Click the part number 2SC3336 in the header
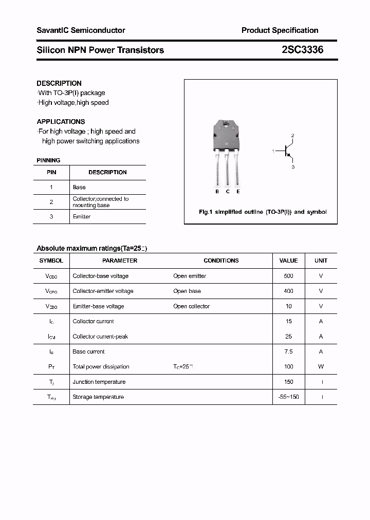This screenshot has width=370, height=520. click(x=302, y=50)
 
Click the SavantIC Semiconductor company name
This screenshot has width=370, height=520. click(x=81, y=30)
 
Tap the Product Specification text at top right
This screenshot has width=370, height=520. click(x=280, y=30)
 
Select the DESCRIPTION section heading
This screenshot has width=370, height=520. click(x=59, y=83)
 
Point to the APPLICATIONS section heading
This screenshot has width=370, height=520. click(x=61, y=122)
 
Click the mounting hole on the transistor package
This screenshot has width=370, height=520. click(x=226, y=123)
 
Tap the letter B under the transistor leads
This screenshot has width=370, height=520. click(x=217, y=192)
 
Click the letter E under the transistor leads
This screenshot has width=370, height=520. click(x=238, y=192)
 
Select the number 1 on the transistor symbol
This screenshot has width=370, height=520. click(x=273, y=151)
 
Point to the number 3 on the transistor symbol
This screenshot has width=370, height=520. click(x=293, y=167)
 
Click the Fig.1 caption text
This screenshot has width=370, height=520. click(x=263, y=212)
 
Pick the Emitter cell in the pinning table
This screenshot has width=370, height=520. click(x=82, y=217)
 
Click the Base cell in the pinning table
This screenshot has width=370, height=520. click(x=79, y=188)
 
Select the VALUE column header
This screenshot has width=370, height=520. click(x=288, y=261)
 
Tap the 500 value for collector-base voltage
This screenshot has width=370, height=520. click(x=288, y=276)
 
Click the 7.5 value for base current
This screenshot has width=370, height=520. click(x=288, y=351)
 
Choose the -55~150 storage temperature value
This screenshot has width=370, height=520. click(x=288, y=397)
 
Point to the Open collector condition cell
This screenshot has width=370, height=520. click(x=191, y=306)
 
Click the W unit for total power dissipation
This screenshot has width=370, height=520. click(x=321, y=367)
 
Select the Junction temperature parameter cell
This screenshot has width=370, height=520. click(x=99, y=382)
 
